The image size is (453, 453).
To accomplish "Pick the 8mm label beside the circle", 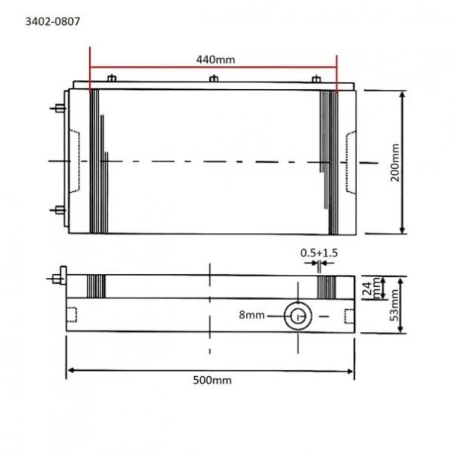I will tap(253, 314).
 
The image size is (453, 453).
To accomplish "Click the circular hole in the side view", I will tap(297, 315).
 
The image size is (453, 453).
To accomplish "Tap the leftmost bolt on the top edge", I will tap(112, 78).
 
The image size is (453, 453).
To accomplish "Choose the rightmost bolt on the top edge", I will tap(316, 78).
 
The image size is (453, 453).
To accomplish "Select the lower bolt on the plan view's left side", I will tap(58, 209).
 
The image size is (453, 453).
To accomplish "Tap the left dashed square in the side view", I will tap(73, 314).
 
